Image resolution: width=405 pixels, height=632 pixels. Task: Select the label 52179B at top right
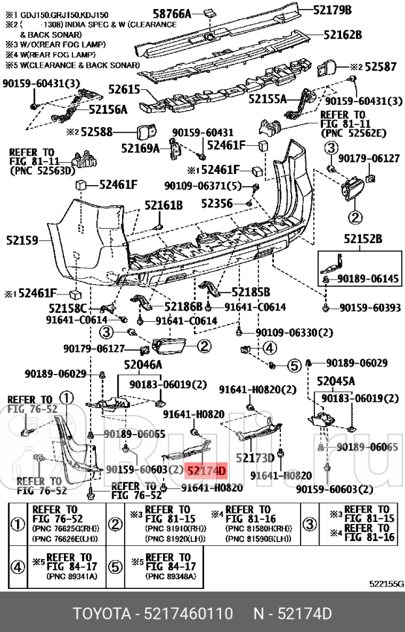332,10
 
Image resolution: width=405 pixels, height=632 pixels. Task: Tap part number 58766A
172,14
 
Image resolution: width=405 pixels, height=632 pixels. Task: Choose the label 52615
124,91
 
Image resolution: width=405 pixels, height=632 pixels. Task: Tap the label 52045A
336,381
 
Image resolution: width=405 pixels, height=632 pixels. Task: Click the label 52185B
250,291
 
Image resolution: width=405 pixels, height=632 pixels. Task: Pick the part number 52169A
140,148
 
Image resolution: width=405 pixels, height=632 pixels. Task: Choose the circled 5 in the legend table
115,566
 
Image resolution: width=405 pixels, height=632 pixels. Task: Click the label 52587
380,66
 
